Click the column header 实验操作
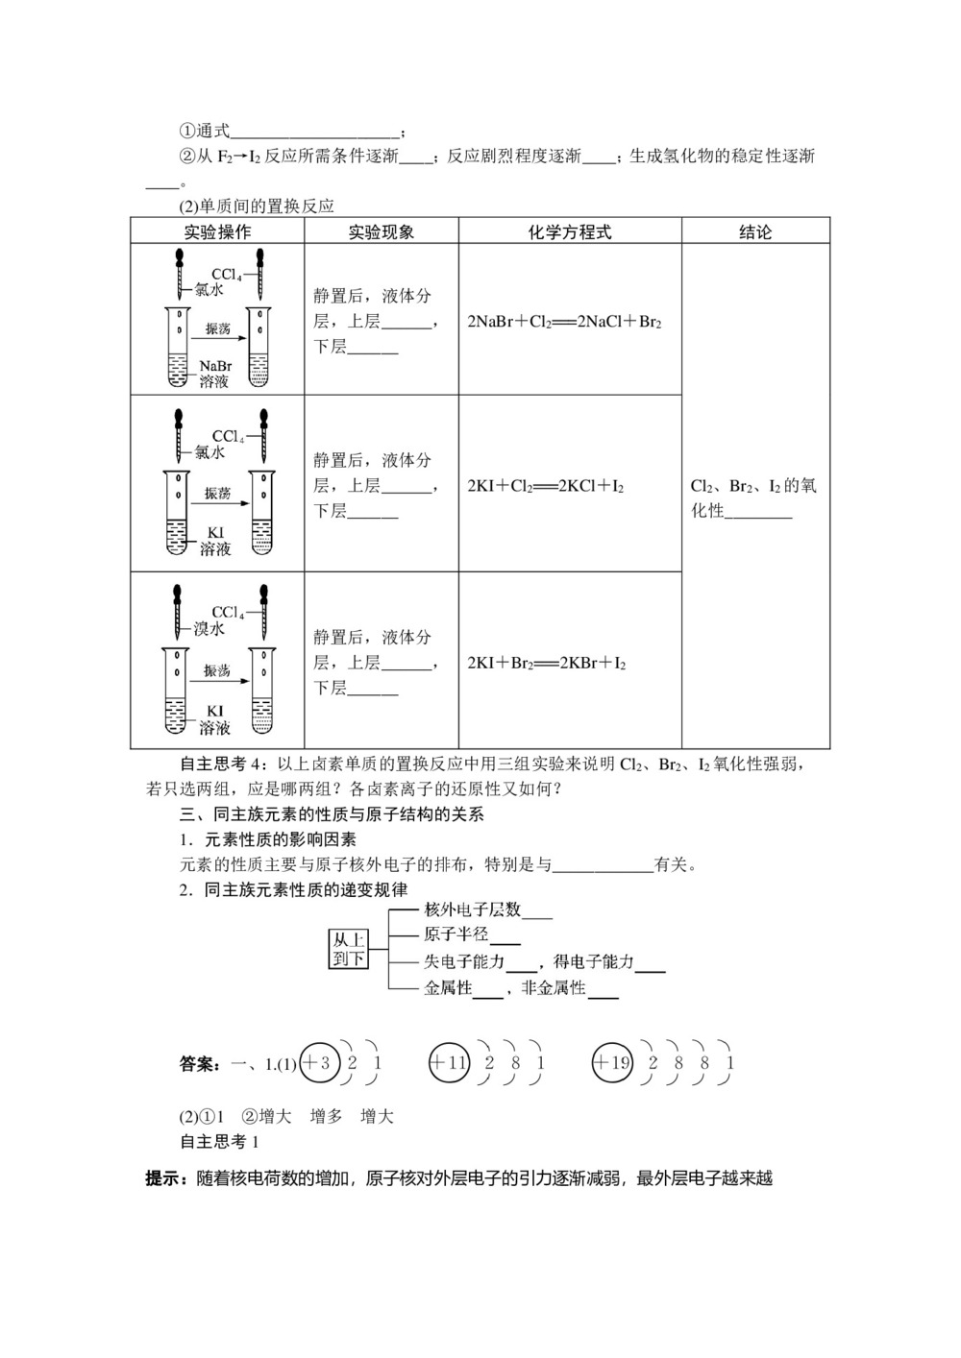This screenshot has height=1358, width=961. coord(217,232)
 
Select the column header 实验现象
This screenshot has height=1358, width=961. coord(381,232)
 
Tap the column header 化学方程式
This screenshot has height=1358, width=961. coord(570,232)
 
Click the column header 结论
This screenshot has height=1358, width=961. coord(755,232)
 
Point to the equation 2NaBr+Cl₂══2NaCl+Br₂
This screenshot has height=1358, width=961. coord(564,322)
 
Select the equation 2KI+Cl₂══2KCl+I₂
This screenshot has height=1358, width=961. coord(546,487)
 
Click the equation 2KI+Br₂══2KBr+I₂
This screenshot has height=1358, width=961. coord(547,664)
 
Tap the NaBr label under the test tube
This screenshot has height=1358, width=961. coord(216,366)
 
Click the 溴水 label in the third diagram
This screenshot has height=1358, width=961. coord(209,629)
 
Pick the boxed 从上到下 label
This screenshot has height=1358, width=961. coord(349,949)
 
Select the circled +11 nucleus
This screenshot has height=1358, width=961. coord(447,1063)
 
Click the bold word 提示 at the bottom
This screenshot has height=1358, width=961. coord(165,1178)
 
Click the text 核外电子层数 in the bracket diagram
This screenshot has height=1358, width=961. coord(473,909)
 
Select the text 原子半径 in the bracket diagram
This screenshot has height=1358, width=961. coord(456,934)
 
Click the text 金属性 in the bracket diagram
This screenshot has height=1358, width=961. coord(448,988)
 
